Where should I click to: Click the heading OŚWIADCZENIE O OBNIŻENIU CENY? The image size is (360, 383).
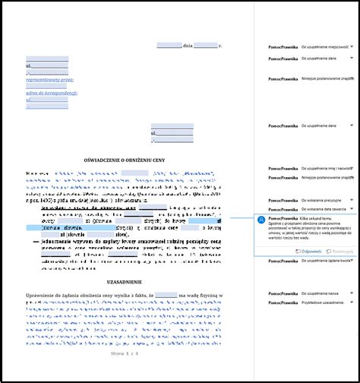125,160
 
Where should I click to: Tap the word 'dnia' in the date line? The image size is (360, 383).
188,46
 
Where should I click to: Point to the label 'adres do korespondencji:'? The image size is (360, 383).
52,93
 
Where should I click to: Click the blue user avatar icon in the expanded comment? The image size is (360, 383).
262,220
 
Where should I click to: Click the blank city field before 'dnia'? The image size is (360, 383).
169,46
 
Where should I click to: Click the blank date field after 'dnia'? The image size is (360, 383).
206,46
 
